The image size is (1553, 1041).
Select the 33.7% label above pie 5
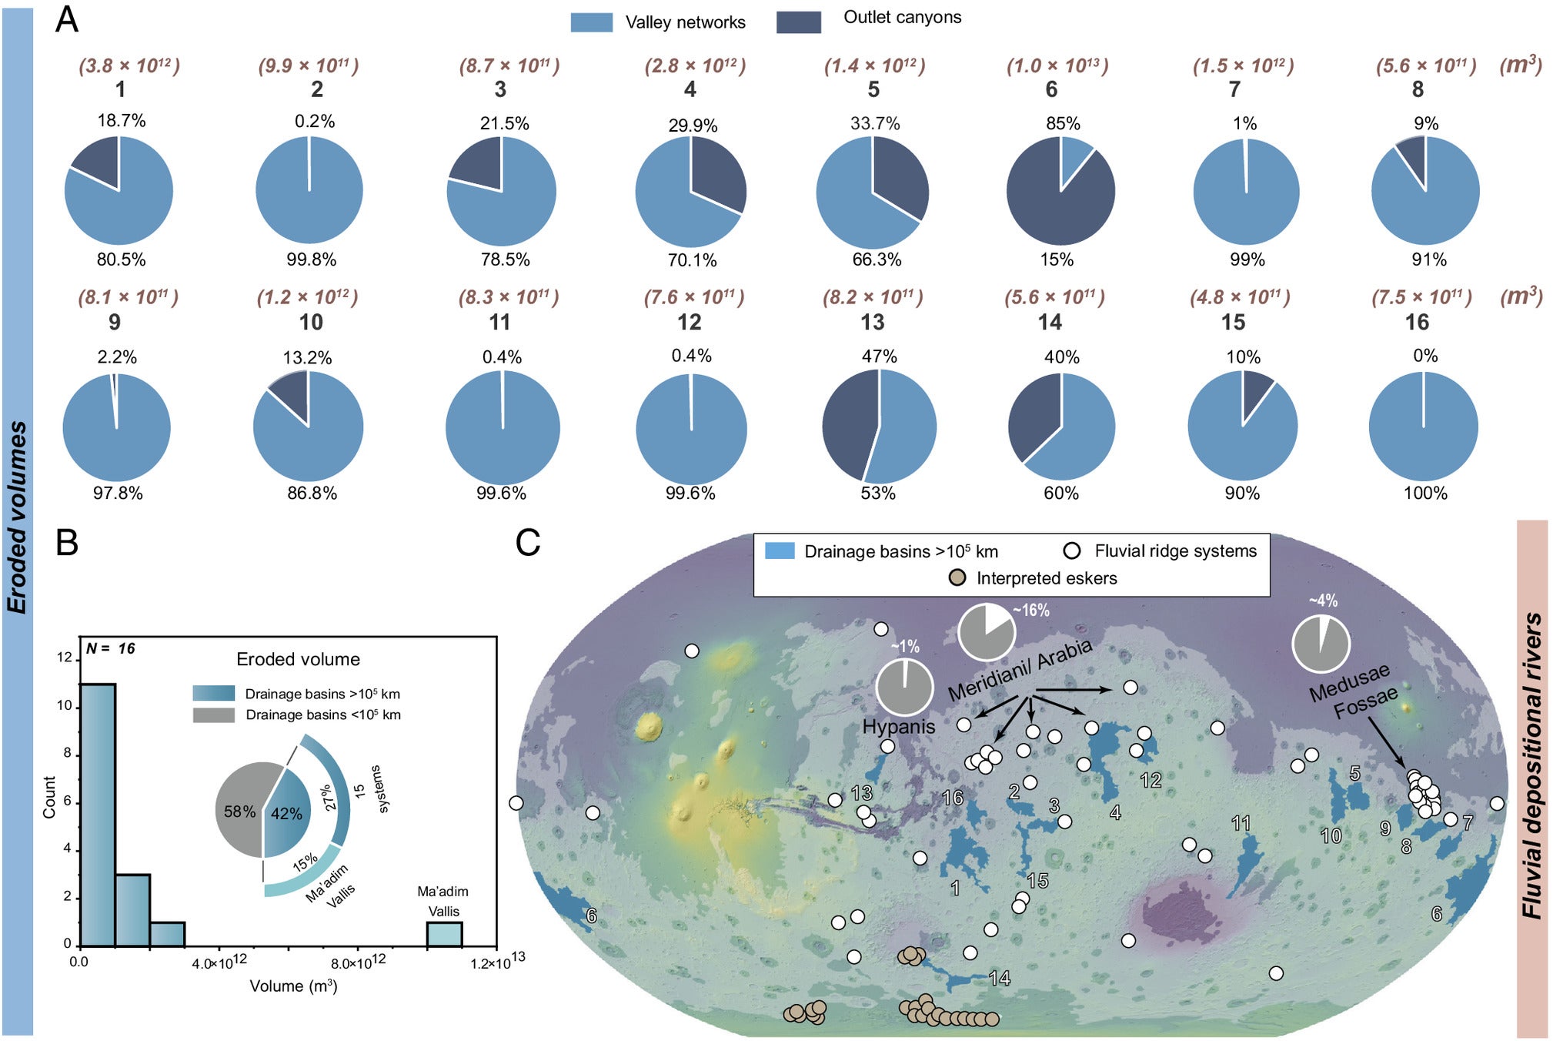(x=875, y=123)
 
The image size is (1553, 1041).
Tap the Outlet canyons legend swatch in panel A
(x=798, y=22)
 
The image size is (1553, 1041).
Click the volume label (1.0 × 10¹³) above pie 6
(x=1057, y=65)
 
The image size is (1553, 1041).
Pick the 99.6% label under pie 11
(x=501, y=493)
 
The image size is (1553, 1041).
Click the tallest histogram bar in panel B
(x=98, y=814)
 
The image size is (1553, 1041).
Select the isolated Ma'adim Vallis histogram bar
(x=444, y=933)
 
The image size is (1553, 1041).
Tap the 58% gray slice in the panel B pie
(x=239, y=811)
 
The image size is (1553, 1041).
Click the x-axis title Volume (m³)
(x=293, y=986)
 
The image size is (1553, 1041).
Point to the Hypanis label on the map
(x=898, y=726)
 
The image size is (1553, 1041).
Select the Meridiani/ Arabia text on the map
(x=1019, y=670)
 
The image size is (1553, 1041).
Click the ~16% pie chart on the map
(x=986, y=632)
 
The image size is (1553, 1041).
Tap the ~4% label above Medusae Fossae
(x=1323, y=601)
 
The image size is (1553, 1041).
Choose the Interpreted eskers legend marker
(x=957, y=577)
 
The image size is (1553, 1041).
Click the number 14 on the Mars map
(x=999, y=978)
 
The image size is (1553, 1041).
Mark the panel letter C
(x=528, y=542)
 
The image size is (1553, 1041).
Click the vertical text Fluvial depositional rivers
(x=1531, y=766)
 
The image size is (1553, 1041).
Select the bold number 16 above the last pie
(x=1417, y=322)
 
